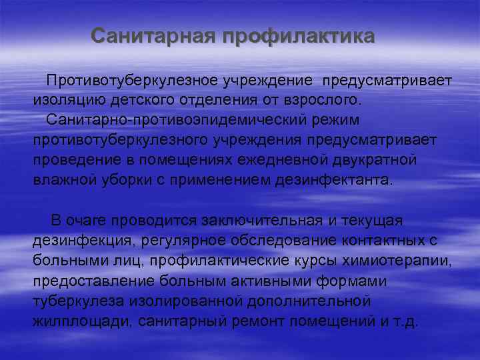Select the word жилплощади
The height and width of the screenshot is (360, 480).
(x=83, y=321)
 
